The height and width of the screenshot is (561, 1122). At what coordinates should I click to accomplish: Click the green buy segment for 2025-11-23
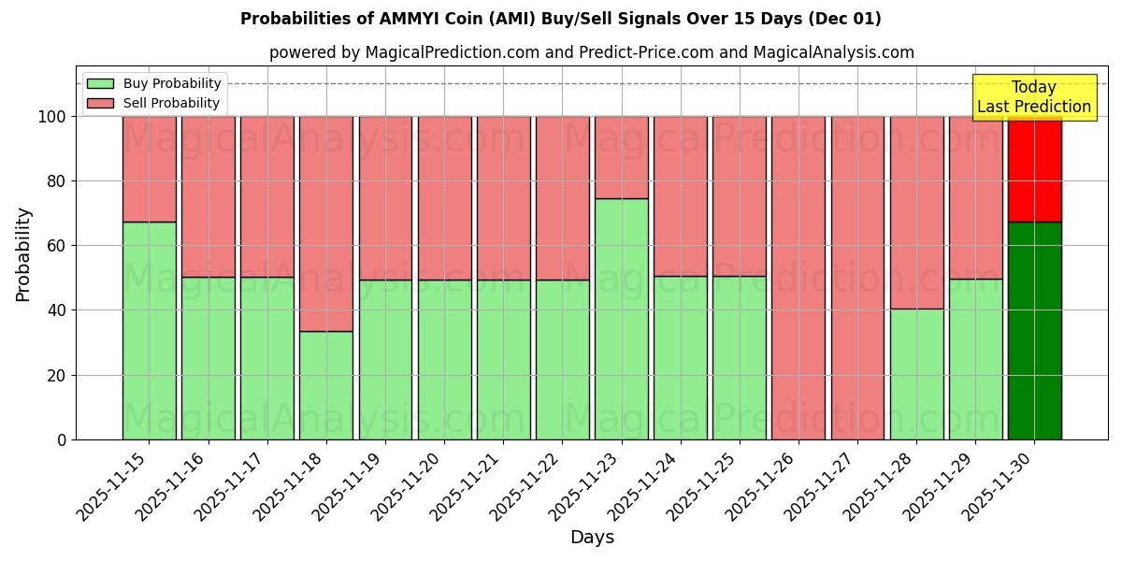click(x=622, y=319)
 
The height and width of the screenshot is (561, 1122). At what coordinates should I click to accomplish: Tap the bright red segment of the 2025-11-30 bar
click(x=1035, y=169)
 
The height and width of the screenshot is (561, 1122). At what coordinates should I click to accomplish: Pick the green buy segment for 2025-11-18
click(x=326, y=385)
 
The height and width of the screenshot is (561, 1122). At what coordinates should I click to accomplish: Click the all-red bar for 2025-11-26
click(x=798, y=278)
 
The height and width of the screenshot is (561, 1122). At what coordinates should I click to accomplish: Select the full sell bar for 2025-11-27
click(x=857, y=278)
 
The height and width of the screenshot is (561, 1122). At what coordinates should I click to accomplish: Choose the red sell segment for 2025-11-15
click(x=149, y=169)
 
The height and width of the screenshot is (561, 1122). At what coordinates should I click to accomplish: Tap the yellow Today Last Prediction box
click(x=1034, y=97)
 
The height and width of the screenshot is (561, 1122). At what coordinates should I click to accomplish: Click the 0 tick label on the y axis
click(x=62, y=439)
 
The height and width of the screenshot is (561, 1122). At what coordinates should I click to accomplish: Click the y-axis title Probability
click(x=24, y=254)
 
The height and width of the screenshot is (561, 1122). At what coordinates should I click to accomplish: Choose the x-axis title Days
click(x=592, y=538)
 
